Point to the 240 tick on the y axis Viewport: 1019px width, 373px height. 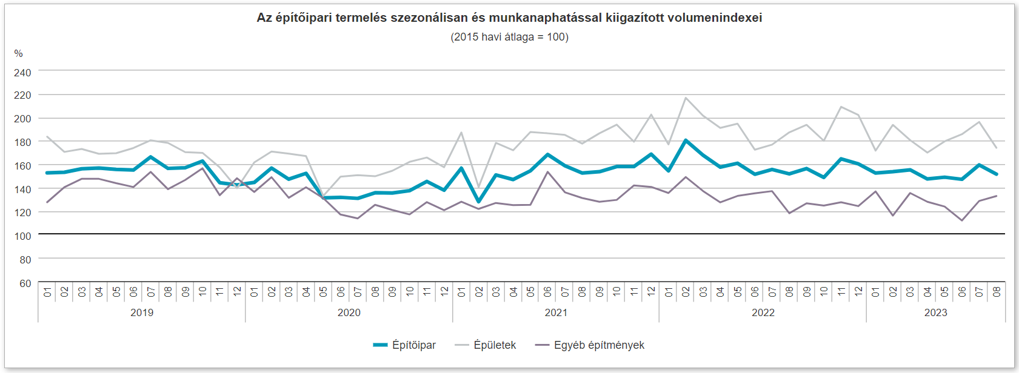coord(22,73)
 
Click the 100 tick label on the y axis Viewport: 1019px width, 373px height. coord(22,236)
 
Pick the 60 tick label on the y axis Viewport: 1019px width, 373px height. coord(25,283)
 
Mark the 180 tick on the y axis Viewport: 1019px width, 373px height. coord(22,142)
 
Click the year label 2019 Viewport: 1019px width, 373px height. coord(142,312)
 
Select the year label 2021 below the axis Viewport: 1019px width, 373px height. coord(556,312)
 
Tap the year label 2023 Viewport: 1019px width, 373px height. coord(935,312)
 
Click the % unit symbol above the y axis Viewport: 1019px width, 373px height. coord(18,54)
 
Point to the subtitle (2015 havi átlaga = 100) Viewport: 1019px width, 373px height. coord(509,37)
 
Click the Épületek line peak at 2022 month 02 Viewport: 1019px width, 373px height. coord(686,97)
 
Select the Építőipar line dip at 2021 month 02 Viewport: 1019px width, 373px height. coord(479,202)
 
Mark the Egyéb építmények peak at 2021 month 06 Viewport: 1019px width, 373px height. coord(548,171)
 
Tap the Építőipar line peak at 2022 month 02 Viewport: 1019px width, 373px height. coord(686,140)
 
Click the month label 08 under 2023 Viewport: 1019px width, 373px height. coord(997,292)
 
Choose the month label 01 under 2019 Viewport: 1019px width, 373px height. coord(47,292)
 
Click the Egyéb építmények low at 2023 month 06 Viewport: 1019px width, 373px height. coord(962,220)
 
